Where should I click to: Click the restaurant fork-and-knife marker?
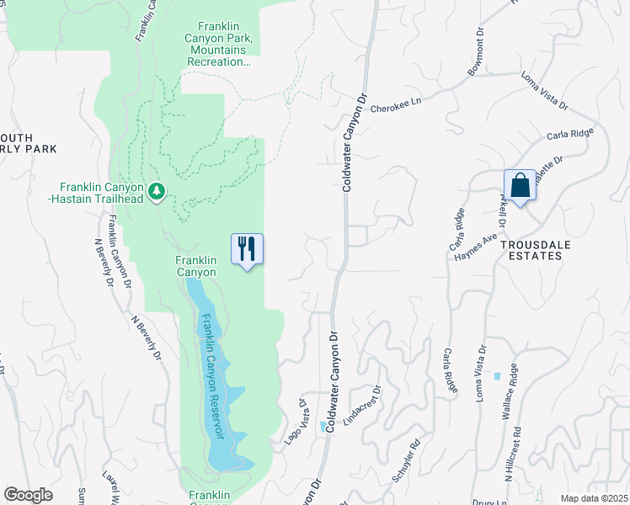(247, 249)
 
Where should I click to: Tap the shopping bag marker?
(519, 185)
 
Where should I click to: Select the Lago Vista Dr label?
(293, 415)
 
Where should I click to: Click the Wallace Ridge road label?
(521, 391)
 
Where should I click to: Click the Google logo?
(29, 495)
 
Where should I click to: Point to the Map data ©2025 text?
(593, 498)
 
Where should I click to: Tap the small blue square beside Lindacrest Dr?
(324, 427)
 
